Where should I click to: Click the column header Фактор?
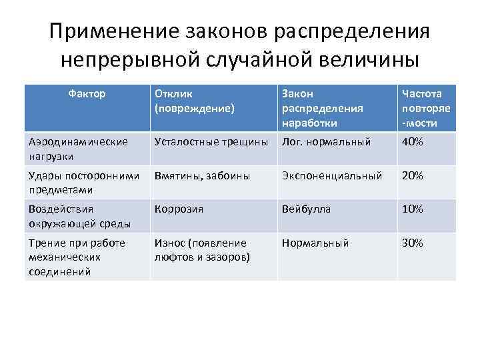pos(87,94)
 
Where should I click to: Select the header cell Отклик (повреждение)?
pos(194,101)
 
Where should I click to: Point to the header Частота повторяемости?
pos(427,108)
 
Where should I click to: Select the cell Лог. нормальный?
pos(325,141)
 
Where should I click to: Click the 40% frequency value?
pos(412,142)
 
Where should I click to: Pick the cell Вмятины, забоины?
pos(202,176)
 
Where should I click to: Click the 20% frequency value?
pos(412,176)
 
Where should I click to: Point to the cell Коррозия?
pos(179,209)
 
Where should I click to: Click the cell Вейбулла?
pos(306,209)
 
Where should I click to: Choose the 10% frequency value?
pos(412,209)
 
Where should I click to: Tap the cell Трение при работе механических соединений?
pos(77,257)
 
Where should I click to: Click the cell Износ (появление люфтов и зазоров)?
pos(202,249)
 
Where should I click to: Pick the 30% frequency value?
pos(412,243)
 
